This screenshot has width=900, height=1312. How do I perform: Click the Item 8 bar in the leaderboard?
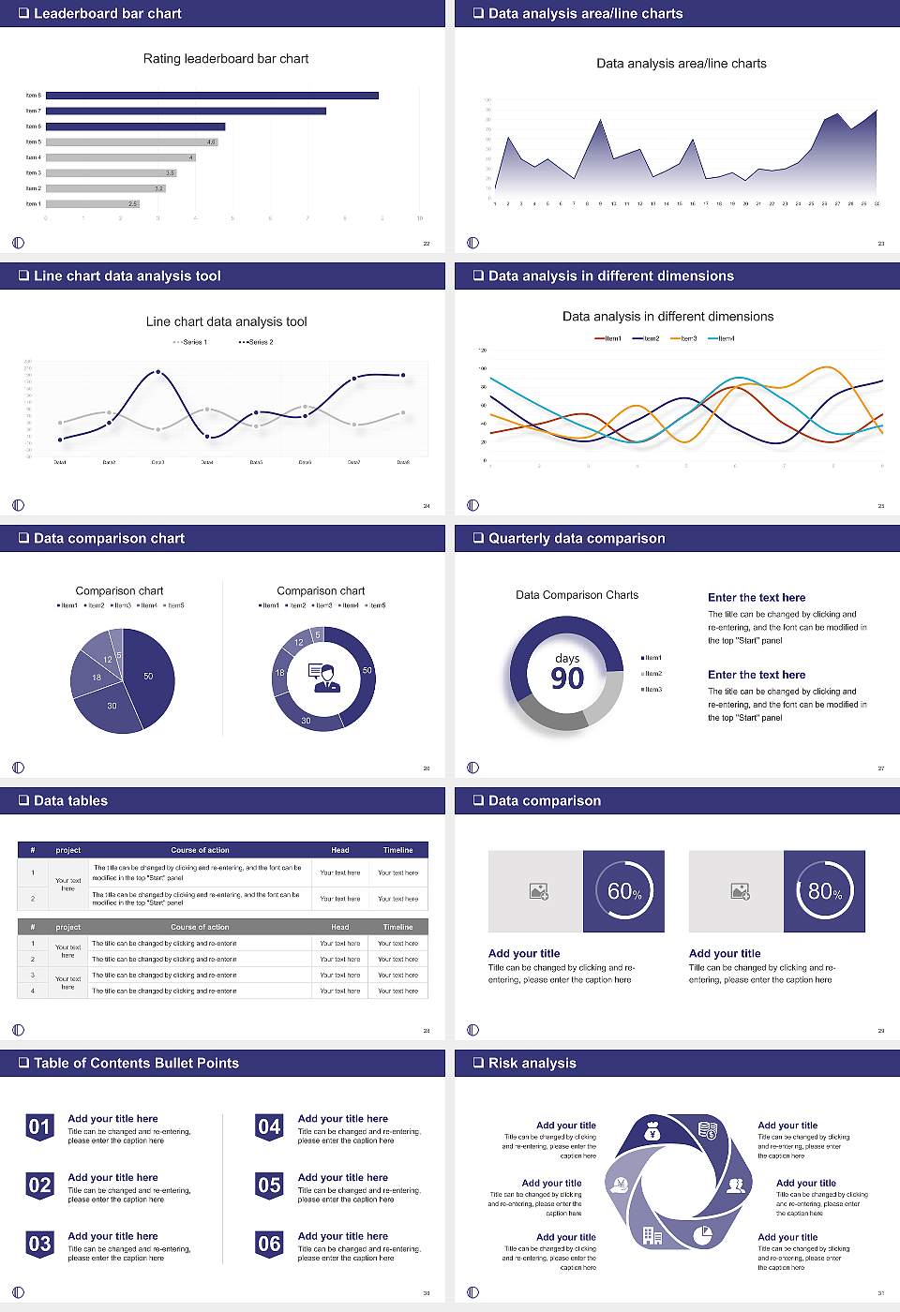212,96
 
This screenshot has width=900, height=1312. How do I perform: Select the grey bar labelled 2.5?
92,203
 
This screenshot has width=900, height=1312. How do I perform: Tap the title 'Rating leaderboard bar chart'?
226,59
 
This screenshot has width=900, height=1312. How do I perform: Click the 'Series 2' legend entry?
256,342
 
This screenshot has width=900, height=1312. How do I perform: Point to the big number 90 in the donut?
567,678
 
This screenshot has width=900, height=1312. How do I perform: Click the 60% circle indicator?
624,891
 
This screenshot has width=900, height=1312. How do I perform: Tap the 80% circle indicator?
825,891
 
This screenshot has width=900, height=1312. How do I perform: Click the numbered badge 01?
39,1127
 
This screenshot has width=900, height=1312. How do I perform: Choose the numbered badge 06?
269,1245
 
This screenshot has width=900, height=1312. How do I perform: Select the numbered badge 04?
269,1127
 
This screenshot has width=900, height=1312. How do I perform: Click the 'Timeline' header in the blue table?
397,850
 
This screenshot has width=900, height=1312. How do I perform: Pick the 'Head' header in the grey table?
339,927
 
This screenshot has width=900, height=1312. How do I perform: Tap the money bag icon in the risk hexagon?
653,1133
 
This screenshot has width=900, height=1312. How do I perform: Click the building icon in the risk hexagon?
652,1236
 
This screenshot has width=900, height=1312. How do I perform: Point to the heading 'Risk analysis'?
532,1064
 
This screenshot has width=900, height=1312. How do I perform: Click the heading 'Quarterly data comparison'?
577,539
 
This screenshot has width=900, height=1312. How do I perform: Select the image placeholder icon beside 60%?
538,891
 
